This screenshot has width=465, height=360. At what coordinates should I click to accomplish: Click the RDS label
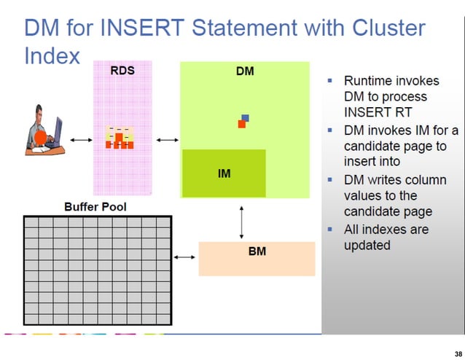[x=122, y=72]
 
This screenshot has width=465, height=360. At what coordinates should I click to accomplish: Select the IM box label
[x=224, y=174]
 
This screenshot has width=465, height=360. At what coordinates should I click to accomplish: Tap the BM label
[x=257, y=251]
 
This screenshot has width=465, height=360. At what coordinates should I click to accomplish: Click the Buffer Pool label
[x=95, y=207]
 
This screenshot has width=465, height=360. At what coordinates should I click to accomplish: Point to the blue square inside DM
[x=246, y=118]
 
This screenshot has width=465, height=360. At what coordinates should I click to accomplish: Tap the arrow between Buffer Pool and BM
[x=185, y=256]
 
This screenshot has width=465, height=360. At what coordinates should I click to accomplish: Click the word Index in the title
[x=52, y=56]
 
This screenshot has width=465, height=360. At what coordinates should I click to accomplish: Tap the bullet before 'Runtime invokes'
[x=331, y=80]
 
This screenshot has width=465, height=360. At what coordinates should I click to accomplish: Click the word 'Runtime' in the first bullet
[x=367, y=80]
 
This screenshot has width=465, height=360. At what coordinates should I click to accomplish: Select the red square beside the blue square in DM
[x=241, y=124]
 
